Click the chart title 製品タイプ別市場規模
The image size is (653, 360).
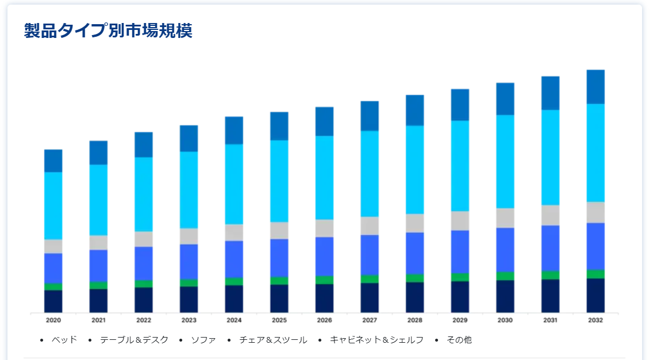pyautogui.click(x=108, y=30)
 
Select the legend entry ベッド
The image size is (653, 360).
pyautogui.click(x=64, y=340)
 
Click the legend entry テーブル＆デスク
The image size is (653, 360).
pyautogui.click(x=135, y=340)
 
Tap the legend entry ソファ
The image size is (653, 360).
pyautogui.click(x=203, y=340)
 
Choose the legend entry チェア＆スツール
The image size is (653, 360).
pyautogui.click(x=273, y=340)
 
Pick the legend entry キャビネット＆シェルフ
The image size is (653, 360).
pyautogui.click(x=377, y=340)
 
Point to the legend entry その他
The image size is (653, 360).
pyautogui.click(x=459, y=340)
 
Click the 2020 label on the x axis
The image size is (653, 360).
pyautogui.click(x=53, y=320)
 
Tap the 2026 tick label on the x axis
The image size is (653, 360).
pyautogui.click(x=324, y=320)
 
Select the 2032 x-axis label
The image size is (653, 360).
pyautogui.click(x=596, y=320)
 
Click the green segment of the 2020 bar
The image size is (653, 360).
pyautogui.click(x=53, y=286)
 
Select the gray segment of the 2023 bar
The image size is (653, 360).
pyautogui.click(x=189, y=236)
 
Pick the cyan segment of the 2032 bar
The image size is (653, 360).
pyautogui.click(x=596, y=152)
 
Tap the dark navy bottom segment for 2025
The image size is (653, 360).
pyautogui.click(x=279, y=298)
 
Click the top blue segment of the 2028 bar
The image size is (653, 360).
pyautogui.click(x=415, y=110)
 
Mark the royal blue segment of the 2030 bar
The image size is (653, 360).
pyautogui.click(x=505, y=250)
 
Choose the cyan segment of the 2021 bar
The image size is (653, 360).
pyautogui.click(x=98, y=200)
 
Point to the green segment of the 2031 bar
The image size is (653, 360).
pyautogui.click(x=550, y=275)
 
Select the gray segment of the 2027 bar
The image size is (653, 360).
pyautogui.click(x=370, y=225)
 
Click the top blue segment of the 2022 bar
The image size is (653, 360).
pyautogui.click(x=144, y=145)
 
